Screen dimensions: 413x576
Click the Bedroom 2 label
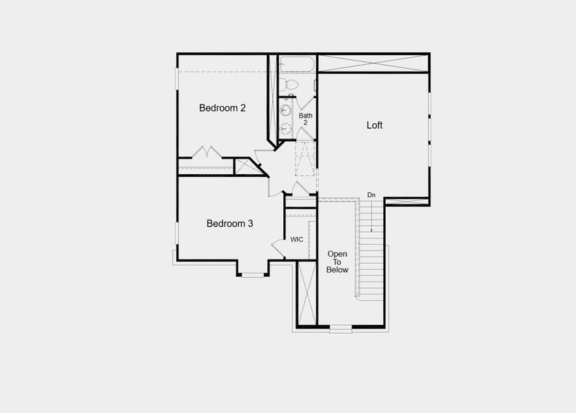223,108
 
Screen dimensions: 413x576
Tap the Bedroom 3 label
230,224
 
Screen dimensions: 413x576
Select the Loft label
374,125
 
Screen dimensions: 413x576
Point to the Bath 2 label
305,119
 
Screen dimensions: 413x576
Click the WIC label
297,240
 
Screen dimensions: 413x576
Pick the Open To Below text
338,262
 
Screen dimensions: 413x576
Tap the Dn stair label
371,195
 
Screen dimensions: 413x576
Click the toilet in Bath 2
289,85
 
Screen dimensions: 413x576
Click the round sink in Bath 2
286,110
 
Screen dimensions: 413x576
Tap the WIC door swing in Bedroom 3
278,246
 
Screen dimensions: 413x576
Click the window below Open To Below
340,328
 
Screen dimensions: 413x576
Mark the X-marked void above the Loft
373,63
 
